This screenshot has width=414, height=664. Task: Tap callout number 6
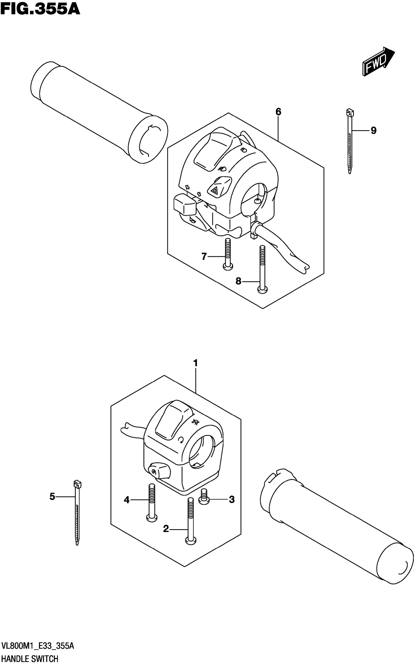click(278, 112)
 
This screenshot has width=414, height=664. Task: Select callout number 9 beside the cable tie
click(374, 131)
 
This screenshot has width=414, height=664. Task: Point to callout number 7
click(204, 257)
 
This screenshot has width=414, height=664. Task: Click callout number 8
click(238, 281)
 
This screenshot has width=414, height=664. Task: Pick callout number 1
click(195, 363)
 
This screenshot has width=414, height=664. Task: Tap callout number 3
click(232, 500)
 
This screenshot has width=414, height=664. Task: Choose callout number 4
click(126, 500)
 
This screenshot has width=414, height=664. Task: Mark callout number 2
click(166, 529)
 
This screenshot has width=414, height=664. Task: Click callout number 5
click(52, 496)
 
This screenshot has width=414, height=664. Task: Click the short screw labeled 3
click(204, 496)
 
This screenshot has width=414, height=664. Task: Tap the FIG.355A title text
click(40, 9)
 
